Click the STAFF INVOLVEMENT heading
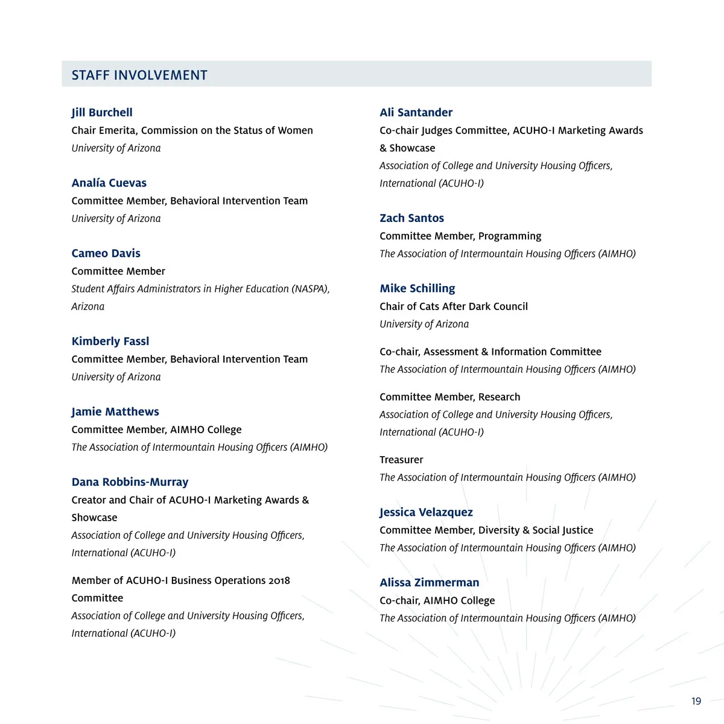click(x=139, y=75)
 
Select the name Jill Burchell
click(x=102, y=112)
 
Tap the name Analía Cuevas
click(x=109, y=183)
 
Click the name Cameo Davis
click(x=106, y=253)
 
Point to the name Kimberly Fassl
click(x=110, y=341)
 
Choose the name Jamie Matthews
click(x=115, y=411)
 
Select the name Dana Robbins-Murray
click(x=130, y=482)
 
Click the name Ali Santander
click(x=416, y=112)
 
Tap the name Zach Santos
click(x=411, y=218)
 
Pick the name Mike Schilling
click(x=417, y=288)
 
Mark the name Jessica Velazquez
click(x=426, y=512)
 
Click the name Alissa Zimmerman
click(x=429, y=583)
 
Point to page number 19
click(x=696, y=701)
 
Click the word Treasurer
click(x=401, y=460)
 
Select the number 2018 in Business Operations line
click(x=279, y=580)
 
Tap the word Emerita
click(x=116, y=130)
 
